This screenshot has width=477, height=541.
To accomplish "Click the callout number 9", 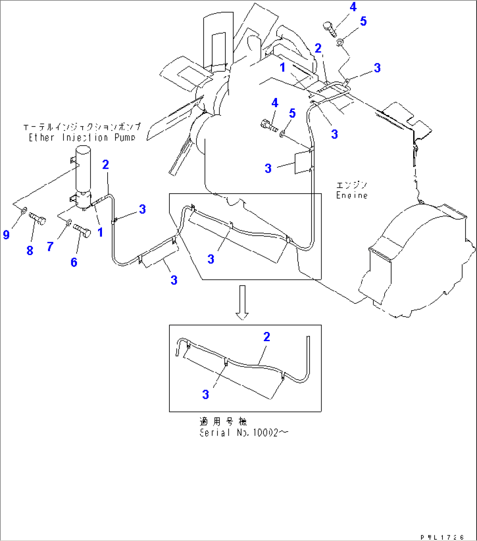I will click(x=6, y=235).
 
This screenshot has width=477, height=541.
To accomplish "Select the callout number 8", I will click(x=30, y=250).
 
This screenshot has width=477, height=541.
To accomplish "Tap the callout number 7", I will click(x=50, y=247).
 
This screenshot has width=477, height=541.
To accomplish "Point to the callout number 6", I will click(x=74, y=262).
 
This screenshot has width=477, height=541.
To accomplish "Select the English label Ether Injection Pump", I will click(x=82, y=137).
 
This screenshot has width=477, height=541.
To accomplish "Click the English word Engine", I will click(x=351, y=195).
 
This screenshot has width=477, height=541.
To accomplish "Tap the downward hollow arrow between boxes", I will click(x=242, y=302).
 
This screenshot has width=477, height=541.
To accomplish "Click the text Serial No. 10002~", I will click(x=244, y=433).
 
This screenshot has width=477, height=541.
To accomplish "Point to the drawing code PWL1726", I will click(x=442, y=536).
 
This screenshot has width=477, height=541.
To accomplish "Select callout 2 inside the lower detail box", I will click(x=267, y=337).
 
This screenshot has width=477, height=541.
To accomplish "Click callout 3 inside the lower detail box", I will click(x=206, y=394).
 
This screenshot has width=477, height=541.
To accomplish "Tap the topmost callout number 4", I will click(x=353, y=7).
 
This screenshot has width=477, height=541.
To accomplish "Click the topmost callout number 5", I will click(x=363, y=21).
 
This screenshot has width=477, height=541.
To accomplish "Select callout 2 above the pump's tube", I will click(x=105, y=164).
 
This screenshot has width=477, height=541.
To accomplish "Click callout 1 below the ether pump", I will click(x=100, y=232).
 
